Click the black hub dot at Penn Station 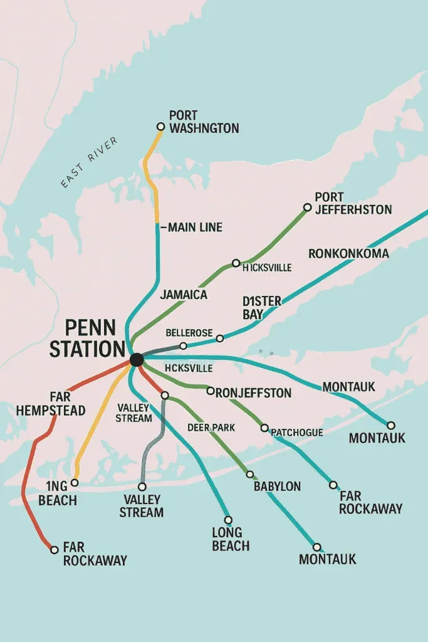click(136, 360)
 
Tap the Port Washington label click(204, 122)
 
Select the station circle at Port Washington click(160, 127)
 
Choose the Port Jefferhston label click(353, 203)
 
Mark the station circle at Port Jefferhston click(307, 208)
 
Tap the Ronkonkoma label click(348, 254)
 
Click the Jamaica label click(184, 294)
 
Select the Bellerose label click(189, 332)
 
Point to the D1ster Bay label click(261, 307)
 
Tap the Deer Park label click(211, 428)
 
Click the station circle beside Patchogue click(264, 428)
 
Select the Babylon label click(277, 486)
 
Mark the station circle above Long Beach click(228, 520)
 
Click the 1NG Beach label click(57, 493)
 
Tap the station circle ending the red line click(54, 550)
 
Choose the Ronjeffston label click(253, 393)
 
